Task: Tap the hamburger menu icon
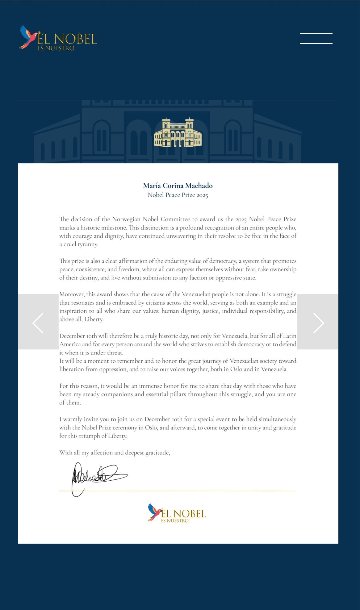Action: (316, 38)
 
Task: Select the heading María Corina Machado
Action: (178, 186)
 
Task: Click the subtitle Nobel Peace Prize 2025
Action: (178, 195)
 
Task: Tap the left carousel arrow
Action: (38, 323)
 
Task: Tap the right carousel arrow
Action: (318, 323)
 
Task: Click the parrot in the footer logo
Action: (155, 512)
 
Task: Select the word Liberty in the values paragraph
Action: (94, 319)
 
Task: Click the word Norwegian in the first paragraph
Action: (126, 219)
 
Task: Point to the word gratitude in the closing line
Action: (157, 453)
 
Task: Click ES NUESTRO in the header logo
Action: (56, 48)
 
